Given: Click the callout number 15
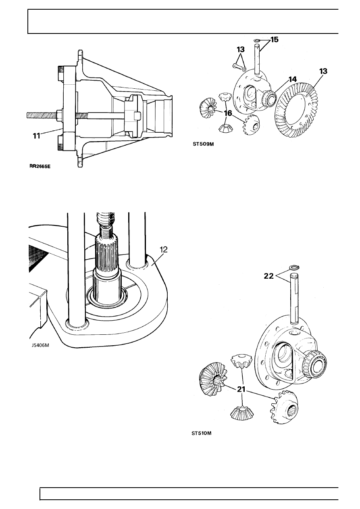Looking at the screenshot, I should [274, 40].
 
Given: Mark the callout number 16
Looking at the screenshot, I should [228, 114].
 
